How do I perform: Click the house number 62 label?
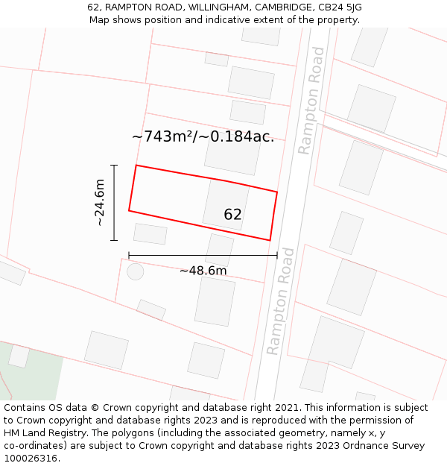pos(232,215)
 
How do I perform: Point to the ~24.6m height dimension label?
pos(99,203)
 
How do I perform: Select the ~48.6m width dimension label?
pos(203,271)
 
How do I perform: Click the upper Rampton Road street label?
pos(311,101)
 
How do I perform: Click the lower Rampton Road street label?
pos(281,301)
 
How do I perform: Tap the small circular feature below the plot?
pos(135,271)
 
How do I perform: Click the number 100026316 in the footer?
pos(31,459)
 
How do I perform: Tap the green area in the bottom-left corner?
pos(34,373)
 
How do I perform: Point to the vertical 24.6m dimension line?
pos(114,203)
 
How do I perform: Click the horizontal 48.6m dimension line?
pos(203,255)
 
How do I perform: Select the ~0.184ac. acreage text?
pos(241,136)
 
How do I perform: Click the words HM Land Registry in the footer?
pos(42,433)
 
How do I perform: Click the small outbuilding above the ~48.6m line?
pos(150,233)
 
